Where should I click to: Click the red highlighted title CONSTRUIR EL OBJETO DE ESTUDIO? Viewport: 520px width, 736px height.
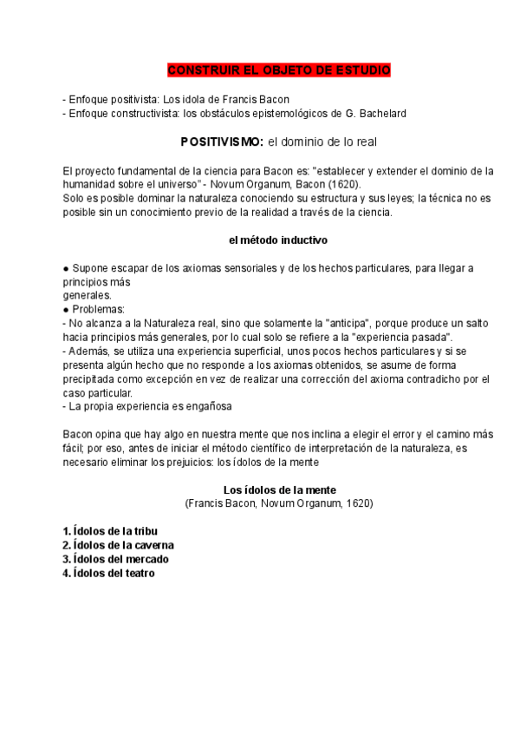pyautogui.click(x=278, y=70)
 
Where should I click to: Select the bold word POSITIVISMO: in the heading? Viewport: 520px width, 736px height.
pyautogui.click(x=221, y=141)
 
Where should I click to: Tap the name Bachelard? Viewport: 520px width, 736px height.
pyautogui.click(x=380, y=113)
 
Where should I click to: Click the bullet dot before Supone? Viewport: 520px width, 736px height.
pyautogui.click(x=66, y=268)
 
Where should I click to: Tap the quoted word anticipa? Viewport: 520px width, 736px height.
pyautogui.click(x=359, y=323)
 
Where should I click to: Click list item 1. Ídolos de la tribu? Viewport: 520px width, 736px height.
pyautogui.click(x=110, y=531)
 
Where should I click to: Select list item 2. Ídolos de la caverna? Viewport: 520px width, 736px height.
pyautogui.click(x=118, y=545)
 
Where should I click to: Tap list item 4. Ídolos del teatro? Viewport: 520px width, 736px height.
pyautogui.click(x=109, y=573)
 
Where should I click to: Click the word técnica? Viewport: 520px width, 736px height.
pyautogui.click(x=444, y=198)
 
